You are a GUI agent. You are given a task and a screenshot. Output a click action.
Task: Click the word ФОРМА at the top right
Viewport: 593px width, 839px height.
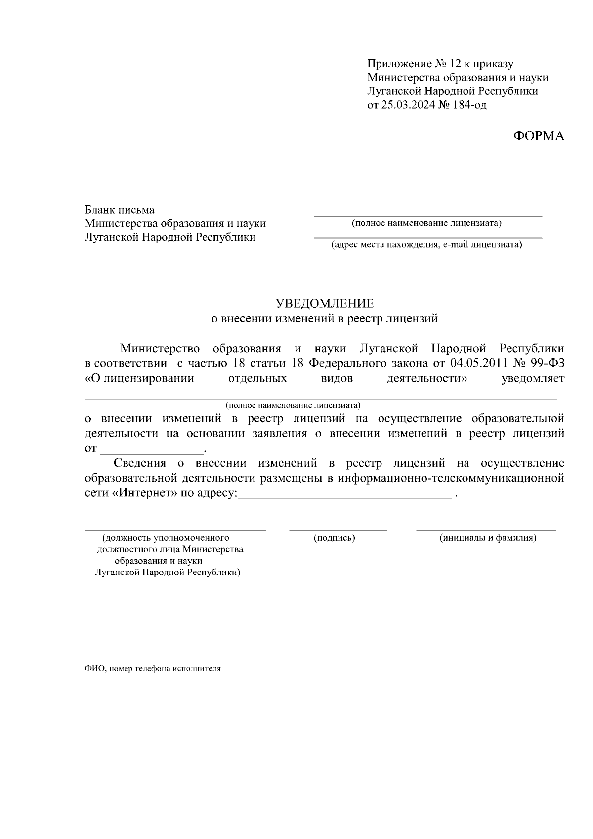tap(539, 136)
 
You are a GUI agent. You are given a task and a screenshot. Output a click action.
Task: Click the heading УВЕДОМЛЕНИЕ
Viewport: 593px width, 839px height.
tap(325, 303)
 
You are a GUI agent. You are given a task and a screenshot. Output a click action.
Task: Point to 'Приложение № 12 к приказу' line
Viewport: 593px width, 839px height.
tap(440, 64)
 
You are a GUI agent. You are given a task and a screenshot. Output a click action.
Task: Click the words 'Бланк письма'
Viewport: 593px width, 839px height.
tap(120, 210)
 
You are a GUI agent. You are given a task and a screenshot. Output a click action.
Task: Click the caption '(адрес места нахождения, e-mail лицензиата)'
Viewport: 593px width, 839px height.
tap(426, 244)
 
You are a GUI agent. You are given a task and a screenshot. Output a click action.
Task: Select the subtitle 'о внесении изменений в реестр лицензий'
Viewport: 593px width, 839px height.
tap(325, 318)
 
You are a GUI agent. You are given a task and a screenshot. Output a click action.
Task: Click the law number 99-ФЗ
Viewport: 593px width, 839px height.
tap(546, 363)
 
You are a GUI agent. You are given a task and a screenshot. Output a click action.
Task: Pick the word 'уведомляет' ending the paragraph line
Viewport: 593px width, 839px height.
tap(533, 379)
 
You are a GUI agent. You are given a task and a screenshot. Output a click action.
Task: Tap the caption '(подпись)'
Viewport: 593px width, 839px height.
tap(335, 538)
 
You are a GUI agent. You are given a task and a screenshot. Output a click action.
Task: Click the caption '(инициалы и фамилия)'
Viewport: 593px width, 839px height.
tap(488, 538)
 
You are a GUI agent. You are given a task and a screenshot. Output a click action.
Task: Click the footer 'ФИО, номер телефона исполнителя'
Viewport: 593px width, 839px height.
tap(153, 668)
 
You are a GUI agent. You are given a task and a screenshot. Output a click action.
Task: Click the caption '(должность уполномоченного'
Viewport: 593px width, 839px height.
tap(166, 538)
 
